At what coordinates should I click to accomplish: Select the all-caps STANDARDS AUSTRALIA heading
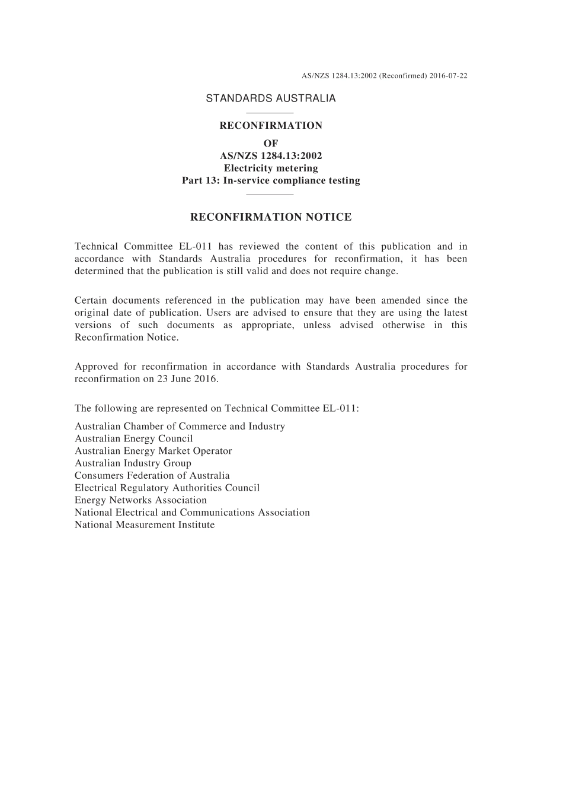point(271,98)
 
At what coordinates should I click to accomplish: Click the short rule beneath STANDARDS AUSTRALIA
point(270,113)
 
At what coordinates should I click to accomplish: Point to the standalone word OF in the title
point(271,143)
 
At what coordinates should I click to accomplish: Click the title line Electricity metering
point(271,168)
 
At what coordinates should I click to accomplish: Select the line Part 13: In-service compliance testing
point(271,180)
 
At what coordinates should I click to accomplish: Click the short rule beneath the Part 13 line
point(270,194)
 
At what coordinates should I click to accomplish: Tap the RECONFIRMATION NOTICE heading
point(271,217)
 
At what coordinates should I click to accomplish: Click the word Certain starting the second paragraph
point(91,300)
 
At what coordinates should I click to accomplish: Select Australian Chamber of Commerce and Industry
point(180,426)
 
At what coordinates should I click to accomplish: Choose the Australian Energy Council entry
point(134,438)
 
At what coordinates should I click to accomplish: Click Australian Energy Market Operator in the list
point(153,451)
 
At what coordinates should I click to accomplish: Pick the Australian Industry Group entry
point(133,463)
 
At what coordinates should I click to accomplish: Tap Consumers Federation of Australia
point(152,475)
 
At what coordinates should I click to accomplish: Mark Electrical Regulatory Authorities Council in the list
point(167,488)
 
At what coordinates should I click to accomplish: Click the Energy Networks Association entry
point(140,500)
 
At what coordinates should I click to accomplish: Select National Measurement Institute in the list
point(145,524)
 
